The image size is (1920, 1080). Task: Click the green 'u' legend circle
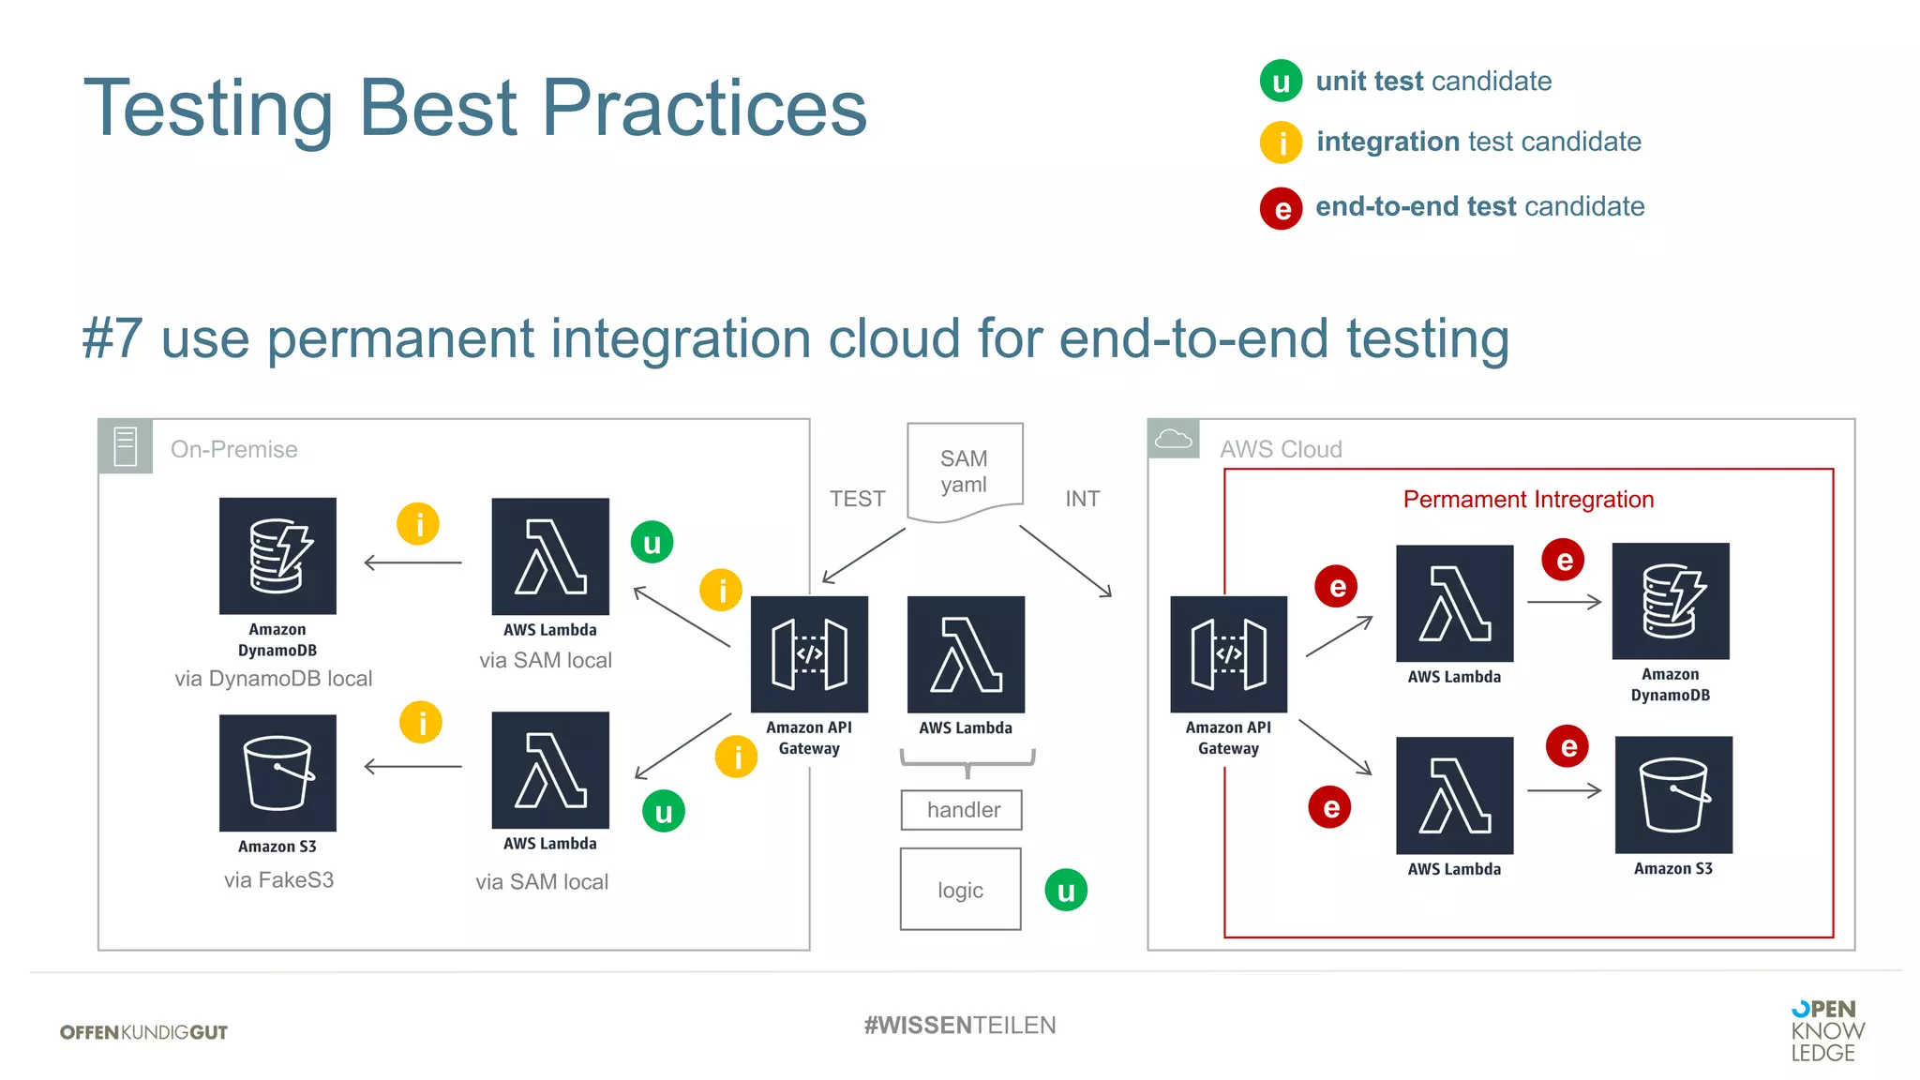(x=1281, y=82)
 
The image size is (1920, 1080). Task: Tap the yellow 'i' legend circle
(x=1281, y=142)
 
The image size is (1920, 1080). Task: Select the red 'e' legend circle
(x=1281, y=208)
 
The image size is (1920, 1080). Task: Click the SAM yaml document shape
(x=965, y=472)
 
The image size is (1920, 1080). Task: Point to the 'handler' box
(x=962, y=810)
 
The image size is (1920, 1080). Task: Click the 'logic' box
(x=961, y=890)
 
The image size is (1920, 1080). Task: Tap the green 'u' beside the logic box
(x=1066, y=891)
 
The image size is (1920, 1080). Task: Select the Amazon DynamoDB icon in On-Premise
(x=277, y=557)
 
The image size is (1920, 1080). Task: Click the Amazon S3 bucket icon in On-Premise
(x=277, y=773)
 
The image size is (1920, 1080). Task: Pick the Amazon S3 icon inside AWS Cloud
(x=1673, y=795)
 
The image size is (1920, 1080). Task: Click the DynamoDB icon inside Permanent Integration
(x=1671, y=601)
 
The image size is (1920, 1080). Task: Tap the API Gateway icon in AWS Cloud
(x=1228, y=654)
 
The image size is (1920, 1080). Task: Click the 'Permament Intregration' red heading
(x=1528, y=500)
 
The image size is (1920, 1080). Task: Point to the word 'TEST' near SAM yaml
(x=857, y=499)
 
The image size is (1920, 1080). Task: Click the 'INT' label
(x=1082, y=499)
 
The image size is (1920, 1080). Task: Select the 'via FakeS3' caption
(x=278, y=880)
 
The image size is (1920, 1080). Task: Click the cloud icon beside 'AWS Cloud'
(x=1173, y=439)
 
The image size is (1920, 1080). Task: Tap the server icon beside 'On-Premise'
(x=126, y=446)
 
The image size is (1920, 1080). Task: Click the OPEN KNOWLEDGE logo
(x=1826, y=1031)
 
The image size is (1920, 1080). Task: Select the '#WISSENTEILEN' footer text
(x=960, y=1026)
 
